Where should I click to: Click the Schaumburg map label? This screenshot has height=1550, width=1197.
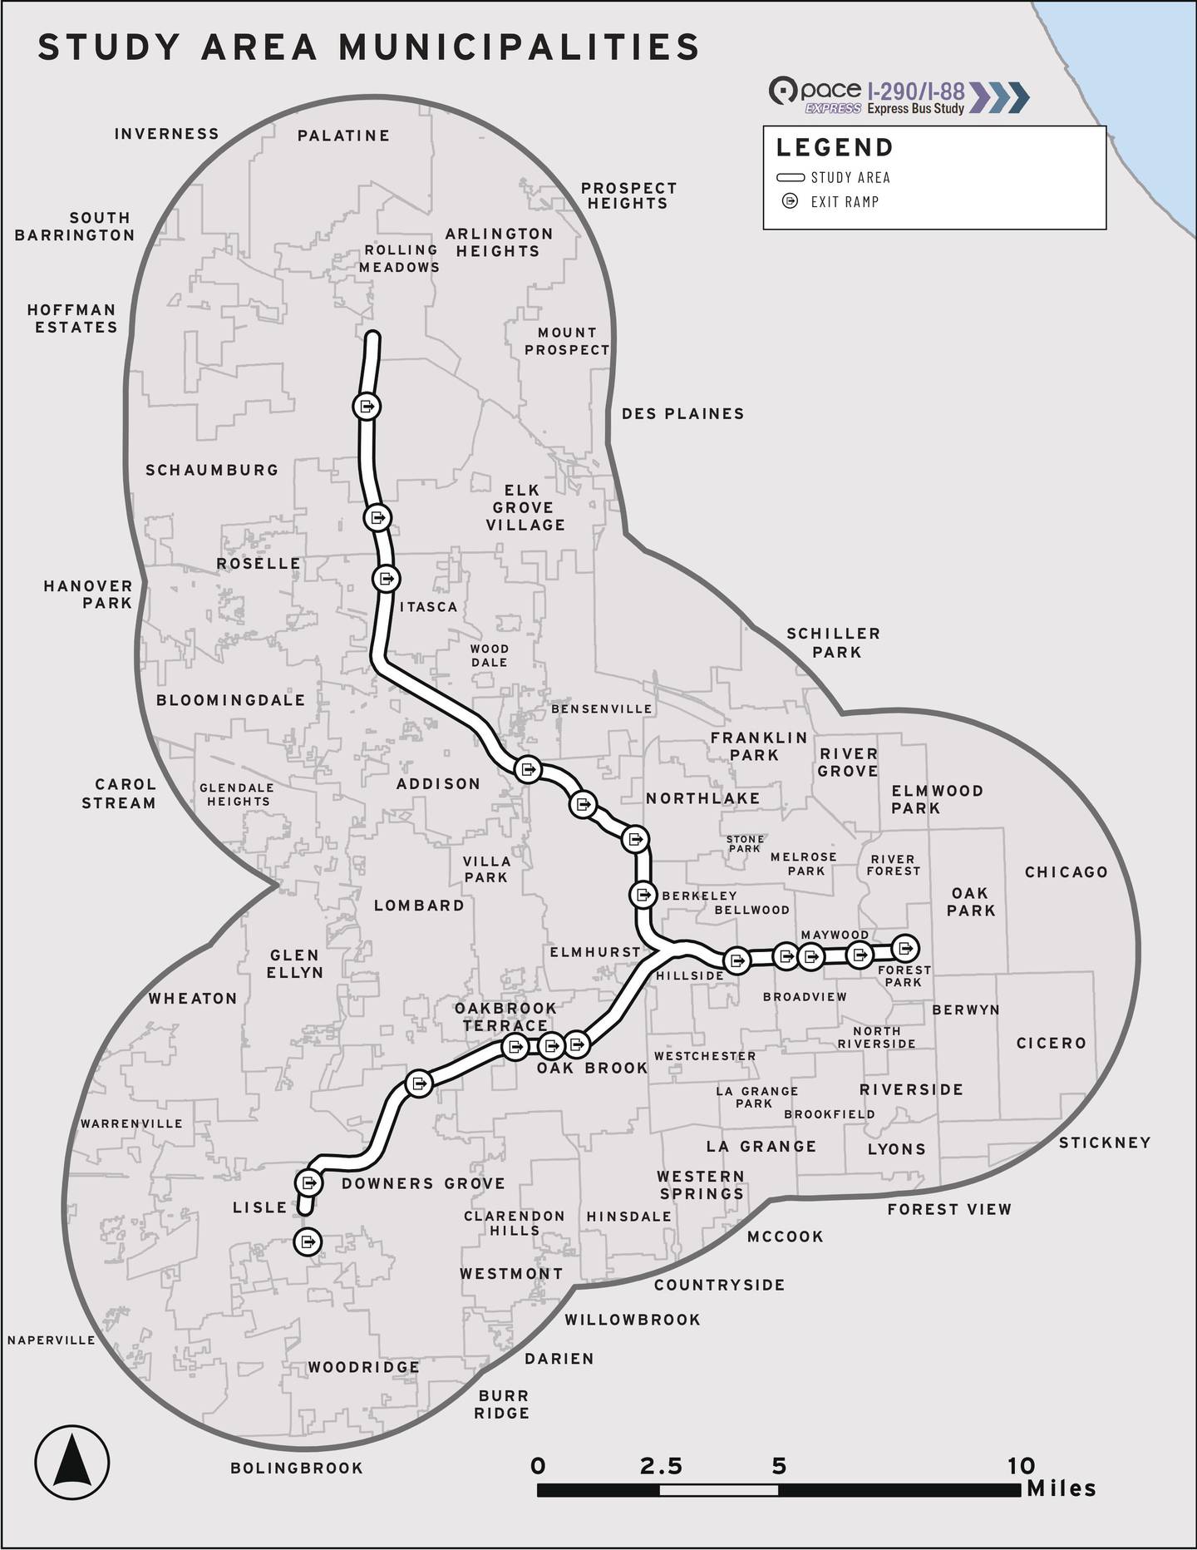(x=212, y=470)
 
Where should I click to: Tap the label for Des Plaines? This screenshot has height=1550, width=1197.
(x=682, y=413)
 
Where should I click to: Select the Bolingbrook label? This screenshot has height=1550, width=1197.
(x=297, y=1468)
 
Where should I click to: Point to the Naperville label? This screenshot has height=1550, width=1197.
(x=52, y=1340)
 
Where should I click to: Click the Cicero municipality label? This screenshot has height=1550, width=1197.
(x=1051, y=1043)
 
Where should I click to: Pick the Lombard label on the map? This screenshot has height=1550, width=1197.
(x=419, y=905)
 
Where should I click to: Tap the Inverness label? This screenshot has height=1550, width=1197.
(x=166, y=133)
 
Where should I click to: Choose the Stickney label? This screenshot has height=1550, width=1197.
(x=1105, y=1143)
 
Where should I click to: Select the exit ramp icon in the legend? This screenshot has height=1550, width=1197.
(x=790, y=201)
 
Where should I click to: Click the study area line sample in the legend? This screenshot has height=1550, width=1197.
(x=790, y=177)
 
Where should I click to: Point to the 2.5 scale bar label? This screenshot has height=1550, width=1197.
(x=661, y=1466)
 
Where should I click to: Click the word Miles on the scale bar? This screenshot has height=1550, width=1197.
(x=1062, y=1488)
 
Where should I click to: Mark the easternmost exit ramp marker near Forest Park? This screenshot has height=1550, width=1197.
(x=905, y=947)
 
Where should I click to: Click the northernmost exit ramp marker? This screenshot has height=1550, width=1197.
(x=367, y=407)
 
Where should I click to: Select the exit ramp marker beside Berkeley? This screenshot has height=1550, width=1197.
(x=643, y=895)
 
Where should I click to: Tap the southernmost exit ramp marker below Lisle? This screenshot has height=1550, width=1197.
(x=308, y=1241)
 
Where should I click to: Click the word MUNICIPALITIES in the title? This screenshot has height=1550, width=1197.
(x=519, y=47)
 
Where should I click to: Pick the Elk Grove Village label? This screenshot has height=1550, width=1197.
(x=525, y=507)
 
